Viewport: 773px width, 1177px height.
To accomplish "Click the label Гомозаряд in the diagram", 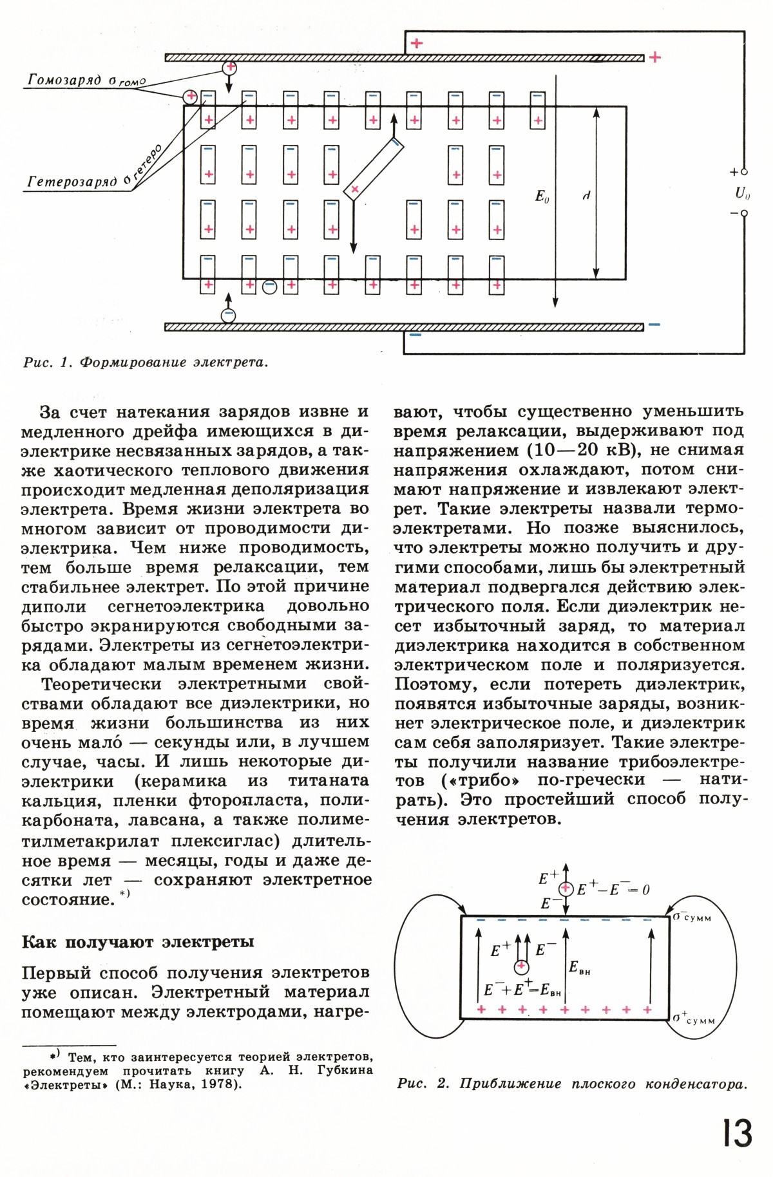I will [x=64, y=80].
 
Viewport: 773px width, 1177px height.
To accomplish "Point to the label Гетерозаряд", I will [x=72, y=182].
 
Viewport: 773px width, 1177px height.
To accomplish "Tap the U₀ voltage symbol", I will [x=743, y=193].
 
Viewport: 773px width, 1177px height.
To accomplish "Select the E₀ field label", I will [x=542, y=196].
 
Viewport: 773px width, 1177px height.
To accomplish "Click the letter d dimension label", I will [x=586, y=195].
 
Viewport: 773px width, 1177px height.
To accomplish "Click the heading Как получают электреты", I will [x=138, y=942].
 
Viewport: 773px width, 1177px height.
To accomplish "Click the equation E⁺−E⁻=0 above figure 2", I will [x=613, y=889].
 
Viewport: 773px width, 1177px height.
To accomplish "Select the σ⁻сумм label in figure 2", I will [x=692, y=916].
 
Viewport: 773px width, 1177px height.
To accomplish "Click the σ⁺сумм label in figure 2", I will [x=693, y=1018].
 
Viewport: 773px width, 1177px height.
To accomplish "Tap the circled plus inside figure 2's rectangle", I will [x=522, y=966].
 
